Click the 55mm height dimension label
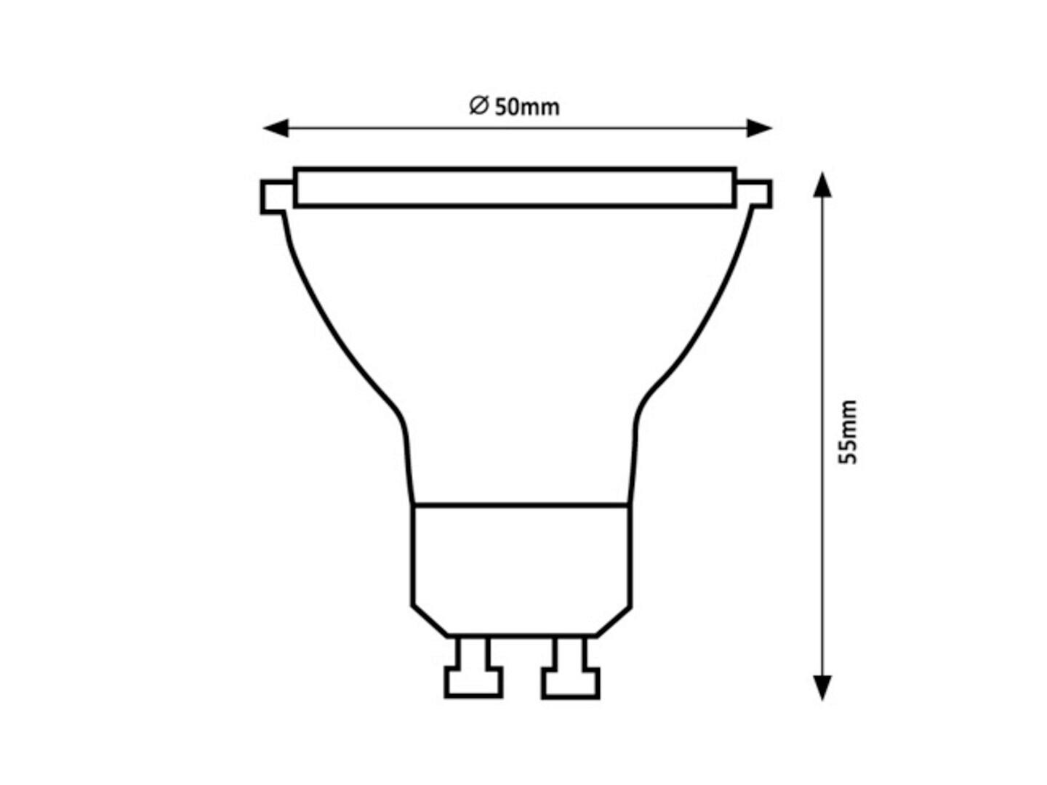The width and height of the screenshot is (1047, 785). tap(848, 432)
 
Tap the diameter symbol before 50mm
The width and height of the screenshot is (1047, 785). tap(478, 106)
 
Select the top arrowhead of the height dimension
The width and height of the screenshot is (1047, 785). tap(822, 185)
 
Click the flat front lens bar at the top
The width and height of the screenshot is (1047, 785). tap(515, 188)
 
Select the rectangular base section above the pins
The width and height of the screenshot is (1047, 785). tap(521, 560)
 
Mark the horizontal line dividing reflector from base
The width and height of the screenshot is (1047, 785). tap(521, 503)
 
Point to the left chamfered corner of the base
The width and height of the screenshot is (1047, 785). tap(429, 621)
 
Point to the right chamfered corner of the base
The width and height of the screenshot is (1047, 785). tap(614, 621)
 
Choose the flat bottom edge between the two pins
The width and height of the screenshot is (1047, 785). tap(521, 636)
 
